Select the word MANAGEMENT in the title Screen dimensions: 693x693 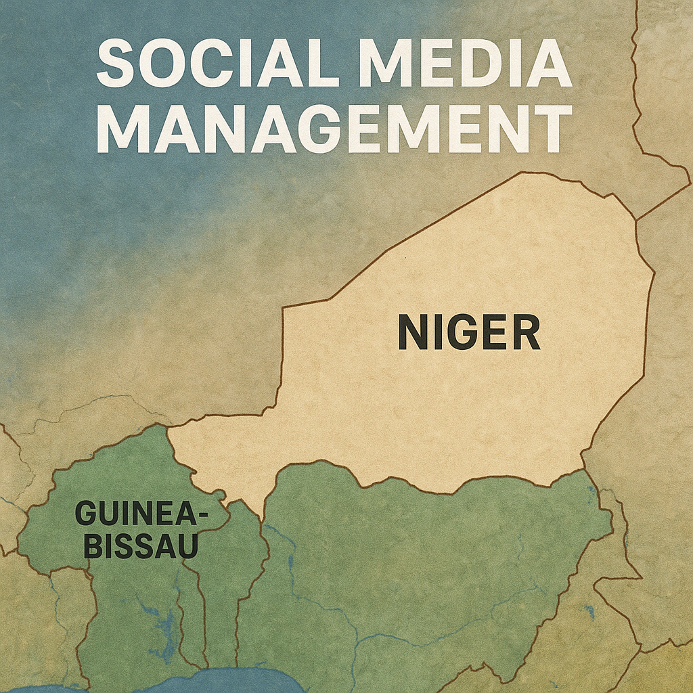point(334,128)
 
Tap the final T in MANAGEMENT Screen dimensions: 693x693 point(547,128)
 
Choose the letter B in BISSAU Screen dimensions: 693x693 point(95,545)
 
